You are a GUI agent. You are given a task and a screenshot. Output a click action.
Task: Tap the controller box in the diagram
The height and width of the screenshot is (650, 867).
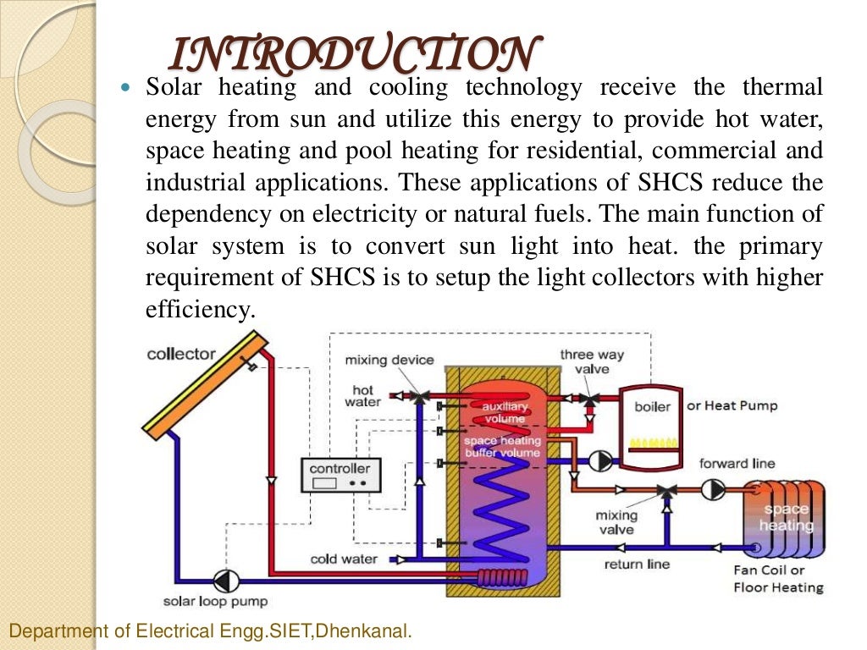pos(340,476)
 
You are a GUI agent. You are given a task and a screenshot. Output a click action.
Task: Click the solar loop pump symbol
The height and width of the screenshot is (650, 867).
pos(226,581)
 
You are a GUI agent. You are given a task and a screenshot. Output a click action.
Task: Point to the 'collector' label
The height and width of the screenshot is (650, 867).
pos(181,354)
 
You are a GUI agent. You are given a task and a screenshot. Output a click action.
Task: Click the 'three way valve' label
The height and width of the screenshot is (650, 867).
pos(592,361)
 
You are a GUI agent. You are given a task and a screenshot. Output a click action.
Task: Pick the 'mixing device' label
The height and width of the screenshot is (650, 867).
pos(389,360)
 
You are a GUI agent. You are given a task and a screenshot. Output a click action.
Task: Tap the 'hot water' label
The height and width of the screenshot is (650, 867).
pos(362,396)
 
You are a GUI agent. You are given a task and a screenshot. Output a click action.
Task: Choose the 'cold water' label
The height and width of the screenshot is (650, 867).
pos(344,559)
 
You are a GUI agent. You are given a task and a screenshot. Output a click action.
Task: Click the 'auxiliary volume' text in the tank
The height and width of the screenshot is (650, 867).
pos(505,412)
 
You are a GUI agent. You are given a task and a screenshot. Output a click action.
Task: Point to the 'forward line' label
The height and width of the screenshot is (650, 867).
pos(737,463)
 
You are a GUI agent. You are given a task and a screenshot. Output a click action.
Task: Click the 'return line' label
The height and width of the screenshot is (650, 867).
pos(637,564)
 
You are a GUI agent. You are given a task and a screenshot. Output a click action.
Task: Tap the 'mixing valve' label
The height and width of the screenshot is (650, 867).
pos(616,522)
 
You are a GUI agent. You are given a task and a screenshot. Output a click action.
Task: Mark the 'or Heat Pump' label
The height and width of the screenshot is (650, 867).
pos(732,405)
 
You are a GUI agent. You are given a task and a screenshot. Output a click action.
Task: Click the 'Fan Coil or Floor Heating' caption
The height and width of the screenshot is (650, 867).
pos(778,579)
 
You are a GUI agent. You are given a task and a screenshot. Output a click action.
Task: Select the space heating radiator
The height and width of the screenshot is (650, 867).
pos(784,518)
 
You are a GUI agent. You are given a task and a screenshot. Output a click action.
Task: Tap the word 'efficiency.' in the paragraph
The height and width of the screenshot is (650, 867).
pos(200,310)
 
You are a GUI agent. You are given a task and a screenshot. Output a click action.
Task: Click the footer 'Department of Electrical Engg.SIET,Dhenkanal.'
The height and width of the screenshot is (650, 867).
pos(209,631)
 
